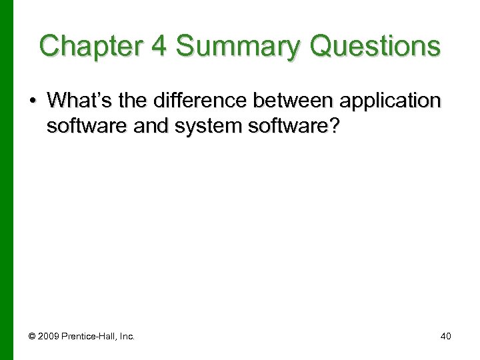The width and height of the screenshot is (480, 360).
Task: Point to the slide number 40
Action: pos(446,336)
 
